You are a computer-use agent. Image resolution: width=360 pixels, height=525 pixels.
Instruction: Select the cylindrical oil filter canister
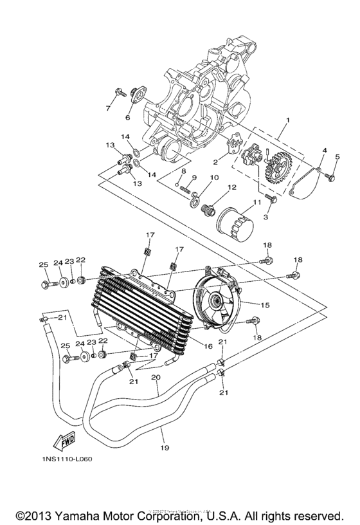235,223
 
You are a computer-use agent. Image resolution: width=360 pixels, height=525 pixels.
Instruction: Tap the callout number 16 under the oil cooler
208,346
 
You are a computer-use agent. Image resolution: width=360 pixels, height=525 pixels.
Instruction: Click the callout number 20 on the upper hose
154,377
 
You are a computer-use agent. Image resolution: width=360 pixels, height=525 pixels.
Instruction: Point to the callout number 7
107,107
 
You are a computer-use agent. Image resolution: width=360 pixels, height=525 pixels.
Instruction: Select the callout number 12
230,187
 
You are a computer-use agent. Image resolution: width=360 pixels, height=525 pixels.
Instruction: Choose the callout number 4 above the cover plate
324,151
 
